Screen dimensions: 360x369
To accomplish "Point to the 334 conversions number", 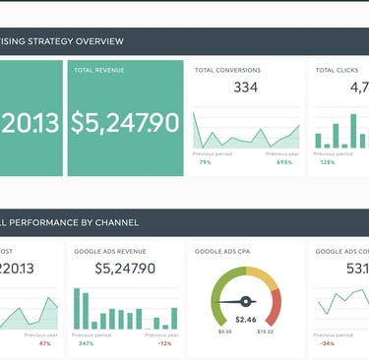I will coord(245,89).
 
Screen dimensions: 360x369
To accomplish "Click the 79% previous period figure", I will coord(205,162).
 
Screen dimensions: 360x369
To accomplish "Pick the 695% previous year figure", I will coord(285,162).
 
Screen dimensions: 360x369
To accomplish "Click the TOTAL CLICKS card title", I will coord(336,71).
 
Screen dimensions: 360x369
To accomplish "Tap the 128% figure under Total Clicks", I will coord(327,162).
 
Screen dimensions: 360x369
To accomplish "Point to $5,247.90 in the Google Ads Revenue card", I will coord(124,268).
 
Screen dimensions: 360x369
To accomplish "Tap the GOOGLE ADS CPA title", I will coord(220,252).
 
